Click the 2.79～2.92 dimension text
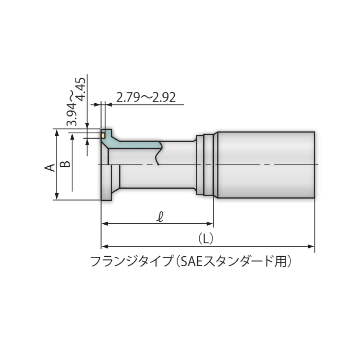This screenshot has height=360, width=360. pos(145,98)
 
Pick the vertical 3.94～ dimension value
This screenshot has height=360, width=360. pos(72,108)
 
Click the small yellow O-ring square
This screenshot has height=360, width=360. pos(103,136)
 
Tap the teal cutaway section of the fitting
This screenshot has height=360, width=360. pos(137,144)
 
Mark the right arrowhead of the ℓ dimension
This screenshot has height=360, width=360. pos(211,224)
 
